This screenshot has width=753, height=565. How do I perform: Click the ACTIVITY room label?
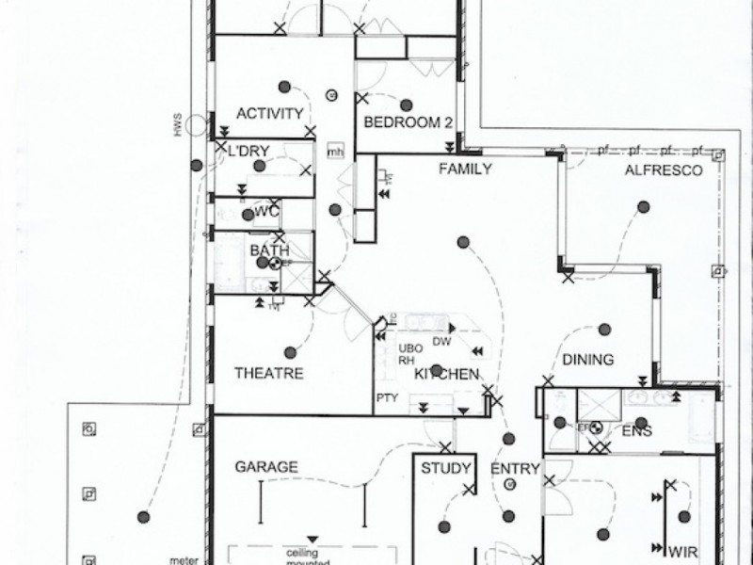[269, 114]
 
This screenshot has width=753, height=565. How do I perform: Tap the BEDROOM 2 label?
[409, 122]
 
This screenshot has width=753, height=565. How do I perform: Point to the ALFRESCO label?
[665, 170]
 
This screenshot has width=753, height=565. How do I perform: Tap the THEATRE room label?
[268, 374]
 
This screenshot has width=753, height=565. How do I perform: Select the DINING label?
[588, 360]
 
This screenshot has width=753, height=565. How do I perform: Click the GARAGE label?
[266, 466]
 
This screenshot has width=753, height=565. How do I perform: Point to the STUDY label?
[446, 468]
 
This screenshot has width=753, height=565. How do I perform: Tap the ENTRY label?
[515, 468]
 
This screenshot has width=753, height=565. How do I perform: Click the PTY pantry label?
[387, 398]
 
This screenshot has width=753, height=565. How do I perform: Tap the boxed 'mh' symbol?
[335, 152]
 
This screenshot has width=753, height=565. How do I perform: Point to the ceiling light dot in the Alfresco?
[644, 206]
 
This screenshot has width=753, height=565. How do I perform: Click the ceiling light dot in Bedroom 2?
[407, 103]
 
